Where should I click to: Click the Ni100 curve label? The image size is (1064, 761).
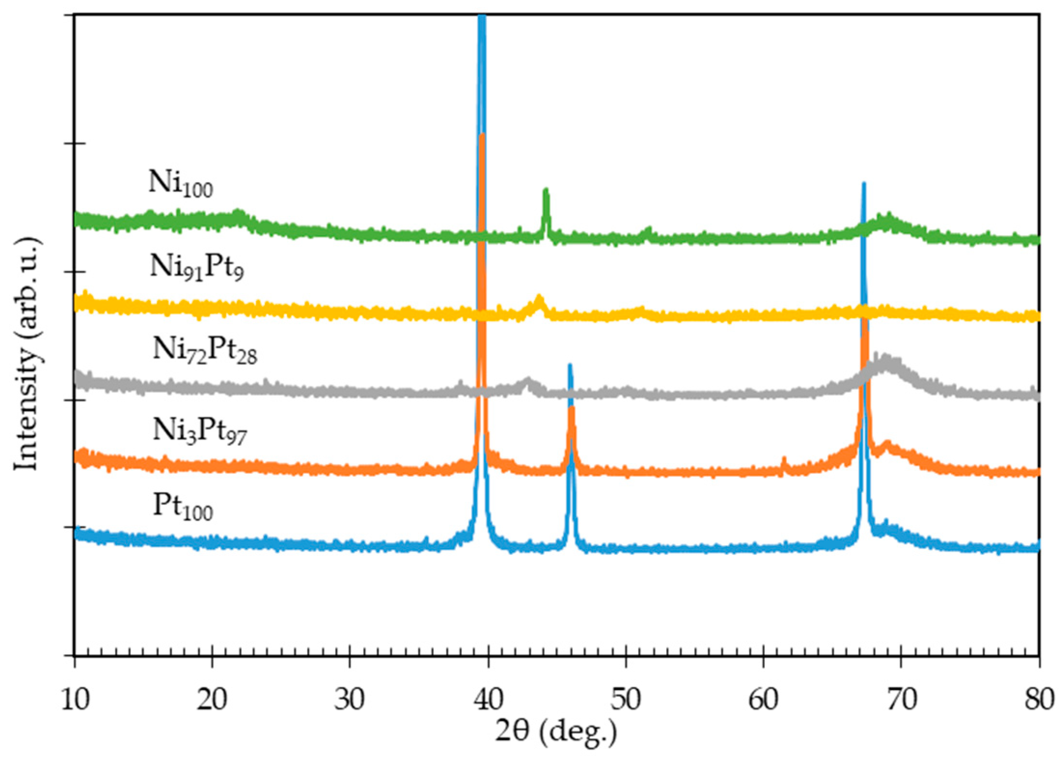(x=180, y=184)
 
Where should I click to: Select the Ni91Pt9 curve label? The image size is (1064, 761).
(x=197, y=267)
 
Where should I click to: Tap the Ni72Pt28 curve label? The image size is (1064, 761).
(x=205, y=349)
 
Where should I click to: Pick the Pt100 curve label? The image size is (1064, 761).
(x=183, y=507)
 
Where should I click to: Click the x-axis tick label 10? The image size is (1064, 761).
(x=75, y=699)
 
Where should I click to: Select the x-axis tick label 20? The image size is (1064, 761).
(x=212, y=699)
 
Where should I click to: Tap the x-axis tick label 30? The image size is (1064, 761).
(x=349, y=699)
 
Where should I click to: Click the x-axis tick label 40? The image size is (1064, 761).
(x=488, y=699)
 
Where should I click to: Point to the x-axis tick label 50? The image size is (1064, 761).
(x=626, y=699)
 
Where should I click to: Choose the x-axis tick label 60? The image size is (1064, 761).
(x=763, y=699)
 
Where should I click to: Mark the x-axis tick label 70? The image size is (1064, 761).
(x=901, y=699)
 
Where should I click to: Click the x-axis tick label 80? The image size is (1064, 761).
(x=1039, y=699)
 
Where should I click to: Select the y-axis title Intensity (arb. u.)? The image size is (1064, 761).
(x=27, y=355)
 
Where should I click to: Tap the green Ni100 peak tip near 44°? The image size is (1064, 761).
(x=546, y=190)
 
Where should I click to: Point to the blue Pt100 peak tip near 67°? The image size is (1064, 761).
(x=863, y=184)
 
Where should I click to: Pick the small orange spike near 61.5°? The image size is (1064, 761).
(x=784, y=459)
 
